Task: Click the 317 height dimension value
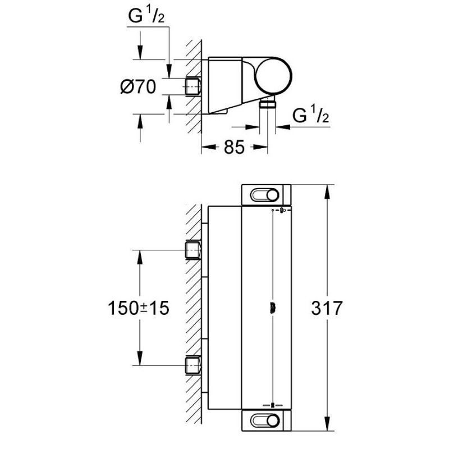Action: point(327,308)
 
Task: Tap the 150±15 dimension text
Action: point(139,308)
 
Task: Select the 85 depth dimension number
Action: point(234,147)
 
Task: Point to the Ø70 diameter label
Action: point(138,86)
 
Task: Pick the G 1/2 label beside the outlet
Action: point(311,114)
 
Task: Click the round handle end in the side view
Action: point(274,76)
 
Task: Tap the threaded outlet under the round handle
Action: point(268,103)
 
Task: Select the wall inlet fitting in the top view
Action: point(193,86)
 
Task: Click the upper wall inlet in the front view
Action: point(193,250)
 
